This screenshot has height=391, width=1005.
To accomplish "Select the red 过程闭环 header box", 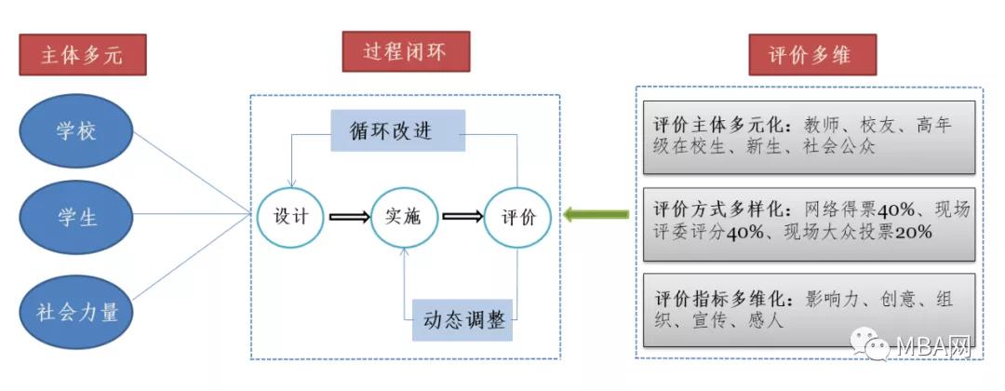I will click(406, 51).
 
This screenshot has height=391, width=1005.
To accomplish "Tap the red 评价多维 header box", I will click(811, 56).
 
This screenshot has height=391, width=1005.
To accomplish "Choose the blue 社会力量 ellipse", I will click(77, 310).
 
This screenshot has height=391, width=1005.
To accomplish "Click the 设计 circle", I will click(288, 218).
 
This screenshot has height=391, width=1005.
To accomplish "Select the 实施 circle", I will click(403, 218).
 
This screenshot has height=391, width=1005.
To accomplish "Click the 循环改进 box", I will click(397, 131).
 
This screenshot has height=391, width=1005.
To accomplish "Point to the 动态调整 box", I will click(464, 320).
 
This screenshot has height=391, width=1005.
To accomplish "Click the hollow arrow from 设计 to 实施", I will click(345, 218).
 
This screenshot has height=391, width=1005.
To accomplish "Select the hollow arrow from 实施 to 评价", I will click(462, 218).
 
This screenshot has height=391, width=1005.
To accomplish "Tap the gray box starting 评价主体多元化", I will click(809, 136).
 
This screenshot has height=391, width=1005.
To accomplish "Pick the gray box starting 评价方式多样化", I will click(809, 222).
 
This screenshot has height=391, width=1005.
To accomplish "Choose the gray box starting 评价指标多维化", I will click(809, 310).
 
